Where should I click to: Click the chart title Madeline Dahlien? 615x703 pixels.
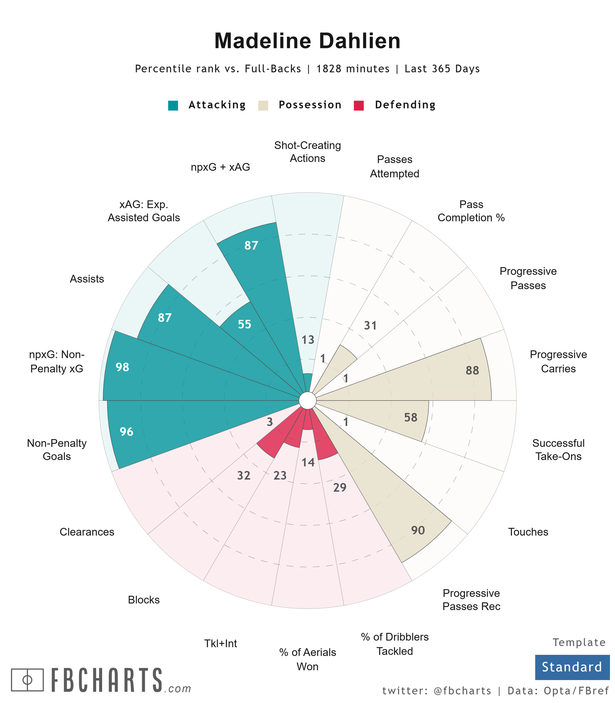tap(307, 41)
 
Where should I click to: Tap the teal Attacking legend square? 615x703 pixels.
tap(173, 105)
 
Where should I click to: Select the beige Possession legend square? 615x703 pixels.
tap(263, 105)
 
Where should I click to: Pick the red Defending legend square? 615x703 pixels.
tap(359, 105)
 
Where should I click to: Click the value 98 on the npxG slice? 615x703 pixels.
tap(122, 367)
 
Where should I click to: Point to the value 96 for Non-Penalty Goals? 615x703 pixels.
tap(126, 431)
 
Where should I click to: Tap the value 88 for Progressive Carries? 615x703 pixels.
tap(472, 370)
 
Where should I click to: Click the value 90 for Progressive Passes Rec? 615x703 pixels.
tap(418, 530)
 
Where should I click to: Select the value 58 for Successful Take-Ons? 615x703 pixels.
tap(411, 417)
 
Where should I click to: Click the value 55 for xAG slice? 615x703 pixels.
tap(245, 324)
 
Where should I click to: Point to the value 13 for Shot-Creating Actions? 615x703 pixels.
tap(308, 340)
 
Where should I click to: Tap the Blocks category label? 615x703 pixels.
tap(144, 600)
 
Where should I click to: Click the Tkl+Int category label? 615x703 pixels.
tap(221, 643)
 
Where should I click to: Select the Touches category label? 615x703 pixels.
tap(528, 532)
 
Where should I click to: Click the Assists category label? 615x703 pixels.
tap(87, 279)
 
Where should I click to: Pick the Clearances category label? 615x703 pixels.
tap(87, 532)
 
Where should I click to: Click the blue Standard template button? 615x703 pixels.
tap(572, 667)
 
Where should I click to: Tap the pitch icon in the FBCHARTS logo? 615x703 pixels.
tap(27, 680)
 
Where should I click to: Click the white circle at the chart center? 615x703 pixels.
tap(307, 400)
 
